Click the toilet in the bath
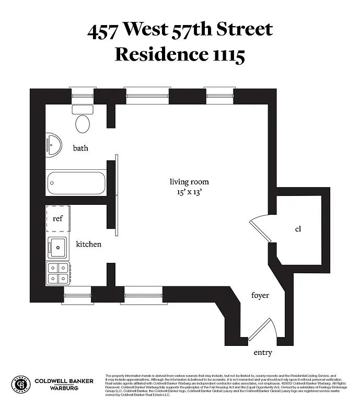[x=83, y=120]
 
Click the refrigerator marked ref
[x=57, y=218]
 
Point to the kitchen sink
[x=57, y=246]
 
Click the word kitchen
[x=89, y=245]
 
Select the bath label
[x=80, y=148]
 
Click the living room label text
[x=189, y=182]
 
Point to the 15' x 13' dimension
[x=189, y=192]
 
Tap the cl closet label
[x=298, y=229]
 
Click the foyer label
[x=260, y=296]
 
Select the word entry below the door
[x=263, y=353]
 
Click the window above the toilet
[x=82, y=96]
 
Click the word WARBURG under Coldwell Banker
[x=64, y=388]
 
